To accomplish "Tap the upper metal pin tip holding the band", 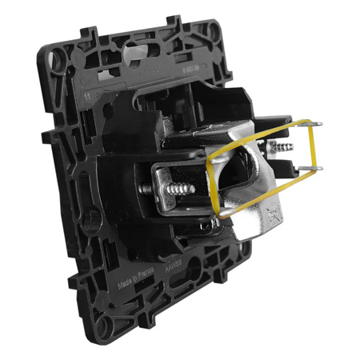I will pos(318,122).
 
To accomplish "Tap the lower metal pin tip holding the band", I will pos(318,170).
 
